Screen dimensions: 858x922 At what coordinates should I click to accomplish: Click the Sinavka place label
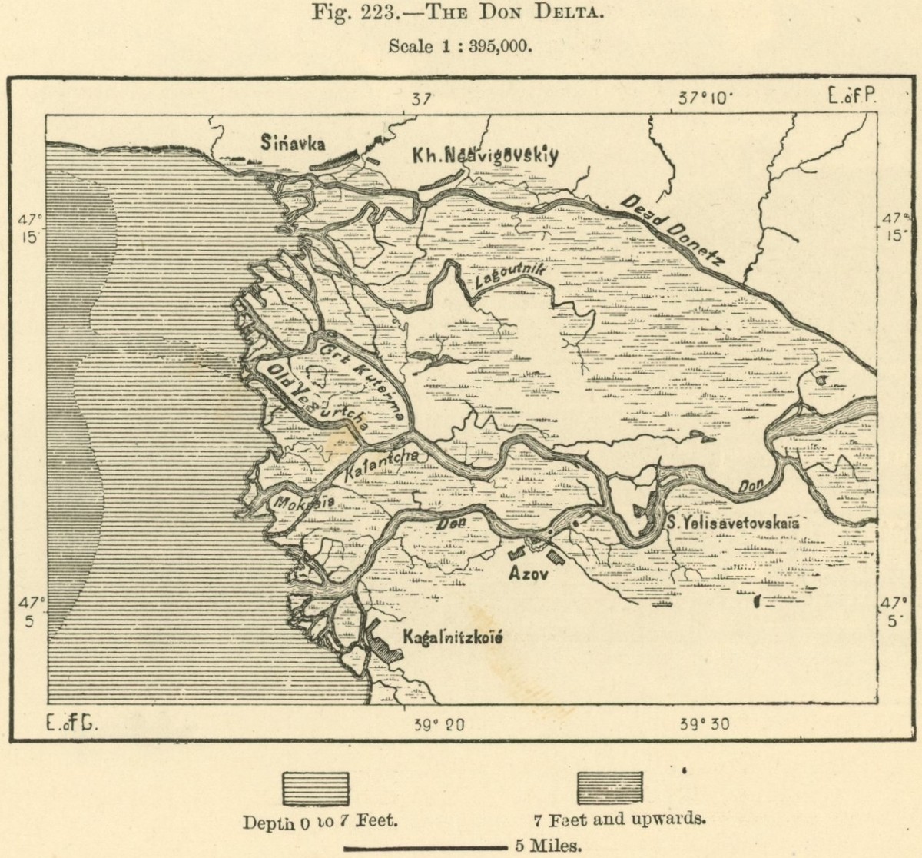pyautogui.click(x=292, y=143)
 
